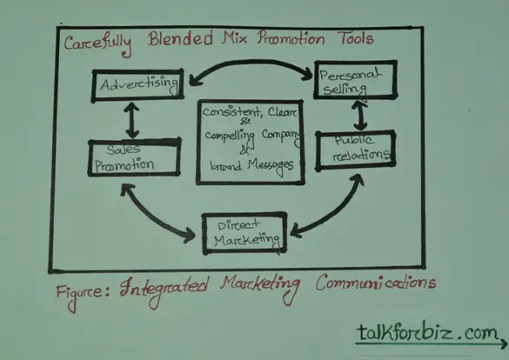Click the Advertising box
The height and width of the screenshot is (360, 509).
point(138,85)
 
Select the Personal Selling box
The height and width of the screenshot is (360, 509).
point(356,79)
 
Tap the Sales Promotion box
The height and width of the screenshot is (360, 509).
point(134,157)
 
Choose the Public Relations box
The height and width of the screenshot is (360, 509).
point(356,150)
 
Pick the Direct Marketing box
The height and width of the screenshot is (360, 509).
point(244,233)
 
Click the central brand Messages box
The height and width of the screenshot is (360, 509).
point(251,142)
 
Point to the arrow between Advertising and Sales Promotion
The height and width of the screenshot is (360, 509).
point(132,120)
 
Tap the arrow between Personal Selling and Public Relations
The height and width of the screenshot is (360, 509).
point(360,116)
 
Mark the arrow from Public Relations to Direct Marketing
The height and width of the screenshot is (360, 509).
point(334,212)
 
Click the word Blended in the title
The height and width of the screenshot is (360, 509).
point(180,38)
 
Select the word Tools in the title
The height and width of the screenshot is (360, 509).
point(357,38)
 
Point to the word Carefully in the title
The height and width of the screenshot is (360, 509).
point(97,44)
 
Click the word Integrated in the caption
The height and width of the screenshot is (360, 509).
point(164,290)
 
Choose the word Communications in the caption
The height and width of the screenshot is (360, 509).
point(376,283)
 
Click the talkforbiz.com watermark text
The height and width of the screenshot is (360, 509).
point(428,332)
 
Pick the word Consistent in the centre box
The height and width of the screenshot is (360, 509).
point(231,112)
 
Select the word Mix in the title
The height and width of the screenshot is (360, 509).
point(234,37)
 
